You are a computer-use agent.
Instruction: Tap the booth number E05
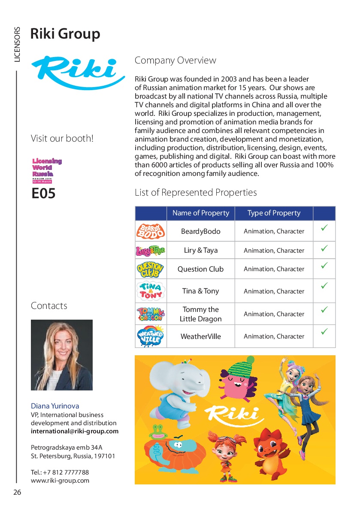click(43, 194)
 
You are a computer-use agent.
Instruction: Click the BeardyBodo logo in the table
click(150, 231)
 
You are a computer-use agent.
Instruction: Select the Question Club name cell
click(200, 269)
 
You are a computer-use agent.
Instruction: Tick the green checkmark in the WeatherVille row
click(324, 332)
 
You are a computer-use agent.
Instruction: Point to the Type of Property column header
click(274, 213)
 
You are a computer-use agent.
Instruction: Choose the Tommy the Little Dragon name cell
click(200, 314)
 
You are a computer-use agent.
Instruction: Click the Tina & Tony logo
click(150, 290)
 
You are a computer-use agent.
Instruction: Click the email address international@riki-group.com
click(75, 431)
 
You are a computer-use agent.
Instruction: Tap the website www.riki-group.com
click(60, 481)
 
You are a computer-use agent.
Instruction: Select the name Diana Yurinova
click(55, 406)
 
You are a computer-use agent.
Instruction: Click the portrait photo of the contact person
click(62, 355)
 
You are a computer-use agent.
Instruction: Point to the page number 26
click(17, 493)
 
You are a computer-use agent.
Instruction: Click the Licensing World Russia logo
click(47, 170)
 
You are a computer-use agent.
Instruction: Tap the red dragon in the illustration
click(270, 451)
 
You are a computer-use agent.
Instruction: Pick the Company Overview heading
click(175, 60)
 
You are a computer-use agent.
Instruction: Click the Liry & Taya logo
click(150, 250)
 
